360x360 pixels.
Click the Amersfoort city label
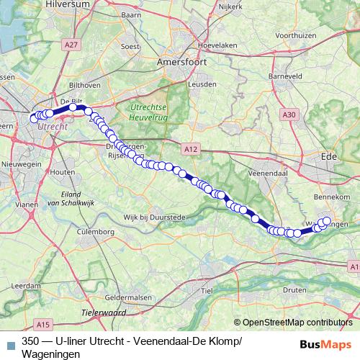pos(183,63)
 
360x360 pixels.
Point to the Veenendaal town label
pos(274,174)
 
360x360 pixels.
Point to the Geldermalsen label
pos(125,297)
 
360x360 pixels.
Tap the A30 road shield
pos(289,114)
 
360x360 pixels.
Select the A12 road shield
pos(190,148)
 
